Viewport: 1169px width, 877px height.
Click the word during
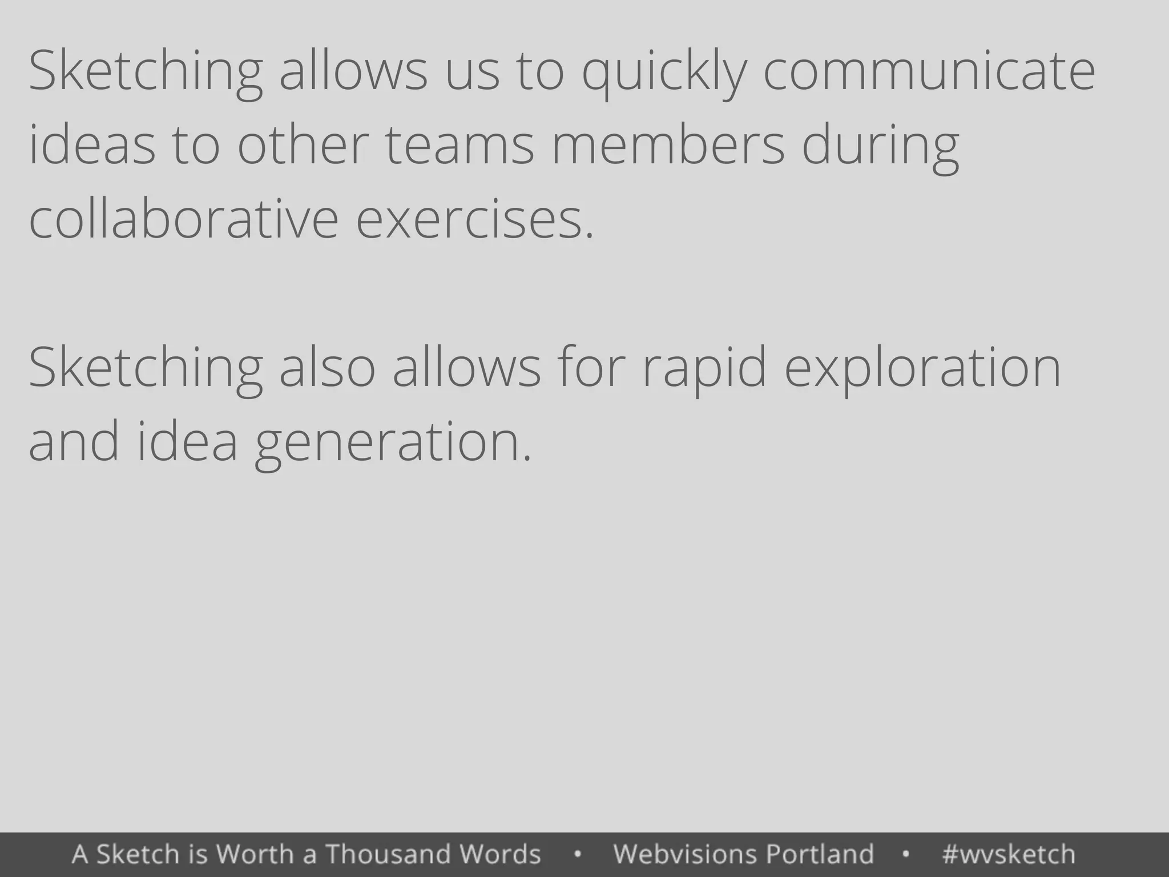(x=880, y=146)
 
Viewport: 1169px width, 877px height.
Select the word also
(x=327, y=368)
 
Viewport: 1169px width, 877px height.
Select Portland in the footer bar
(x=820, y=854)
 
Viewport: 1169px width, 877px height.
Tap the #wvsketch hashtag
(x=1009, y=854)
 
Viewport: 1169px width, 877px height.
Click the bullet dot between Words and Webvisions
(x=578, y=855)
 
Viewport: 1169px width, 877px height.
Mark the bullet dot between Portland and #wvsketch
(x=906, y=855)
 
